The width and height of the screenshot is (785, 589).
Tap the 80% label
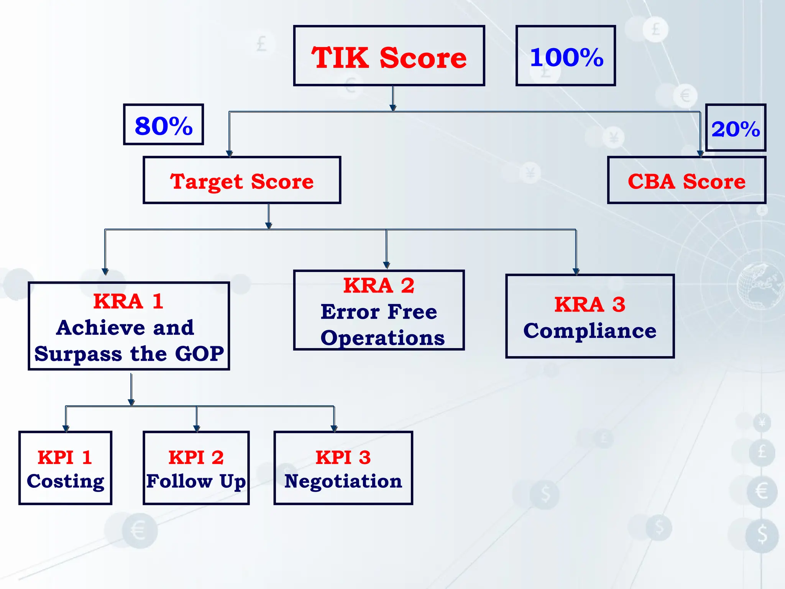[x=163, y=125]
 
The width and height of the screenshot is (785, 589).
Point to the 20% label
[x=735, y=128]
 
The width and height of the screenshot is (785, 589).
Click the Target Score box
[x=242, y=181]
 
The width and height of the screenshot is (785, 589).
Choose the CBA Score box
[x=686, y=181]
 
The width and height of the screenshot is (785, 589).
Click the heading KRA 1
[x=128, y=301]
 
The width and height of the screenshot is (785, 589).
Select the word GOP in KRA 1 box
[x=199, y=353]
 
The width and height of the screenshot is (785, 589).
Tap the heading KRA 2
[x=379, y=285]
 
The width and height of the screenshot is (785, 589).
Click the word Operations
[x=383, y=338]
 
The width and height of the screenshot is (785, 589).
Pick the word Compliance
[x=590, y=331]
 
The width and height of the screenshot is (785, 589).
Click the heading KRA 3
[x=590, y=304]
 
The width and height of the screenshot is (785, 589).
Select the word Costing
[x=66, y=481]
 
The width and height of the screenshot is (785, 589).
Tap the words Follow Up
[x=196, y=481]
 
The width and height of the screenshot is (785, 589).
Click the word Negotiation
[x=343, y=481]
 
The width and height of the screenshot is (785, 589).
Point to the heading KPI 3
[x=343, y=457]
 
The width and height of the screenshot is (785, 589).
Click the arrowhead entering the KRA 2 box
[x=386, y=265]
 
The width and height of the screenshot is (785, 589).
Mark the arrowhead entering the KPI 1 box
[x=66, y=428]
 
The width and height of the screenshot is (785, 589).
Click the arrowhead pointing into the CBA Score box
[x=700, y=154]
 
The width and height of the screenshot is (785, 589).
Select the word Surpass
[x=78, y=354]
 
